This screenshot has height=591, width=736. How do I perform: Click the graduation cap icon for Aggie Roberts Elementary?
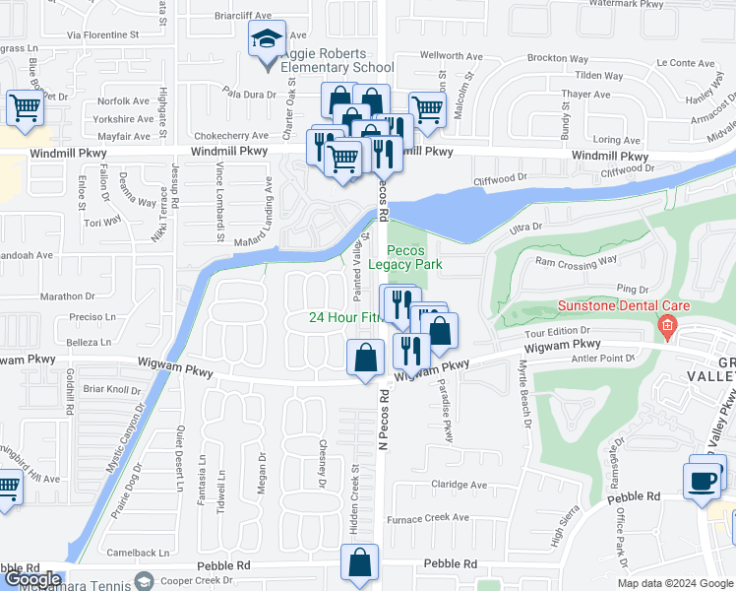point(266,40)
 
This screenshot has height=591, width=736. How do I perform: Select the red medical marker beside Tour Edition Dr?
point(668,326)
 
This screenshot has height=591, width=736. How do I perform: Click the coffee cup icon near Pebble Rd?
point(703,480)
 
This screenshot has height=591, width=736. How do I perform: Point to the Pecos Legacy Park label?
point(405,257)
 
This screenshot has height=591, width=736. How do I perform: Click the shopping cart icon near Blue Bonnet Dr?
point(25,107)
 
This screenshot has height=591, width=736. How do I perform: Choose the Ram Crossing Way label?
point(576,262)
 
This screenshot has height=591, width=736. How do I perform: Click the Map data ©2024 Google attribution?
point(676,583)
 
